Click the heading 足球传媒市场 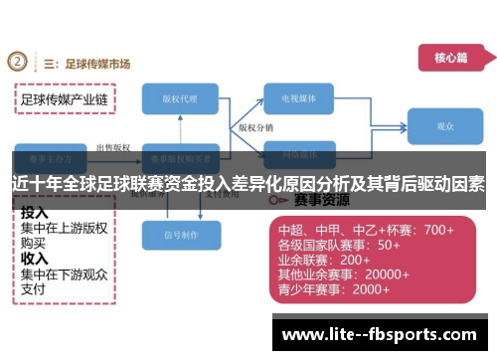point(95,64)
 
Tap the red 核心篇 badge point(449,59)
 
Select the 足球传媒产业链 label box point(65,100)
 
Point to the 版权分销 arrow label point(255,129)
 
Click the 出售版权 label point(111,147)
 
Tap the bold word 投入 point(35,213)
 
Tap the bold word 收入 point(35,259)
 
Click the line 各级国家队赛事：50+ point(338,245)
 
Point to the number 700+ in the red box point(438,230)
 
